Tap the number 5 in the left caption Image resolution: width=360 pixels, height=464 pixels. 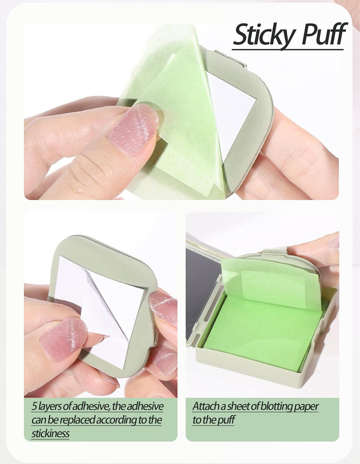pos(34,406)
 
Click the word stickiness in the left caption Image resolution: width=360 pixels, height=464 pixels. pos(50,433)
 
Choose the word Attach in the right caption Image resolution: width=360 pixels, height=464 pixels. pos(205,406)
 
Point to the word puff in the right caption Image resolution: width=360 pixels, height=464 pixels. pos(225,420)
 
